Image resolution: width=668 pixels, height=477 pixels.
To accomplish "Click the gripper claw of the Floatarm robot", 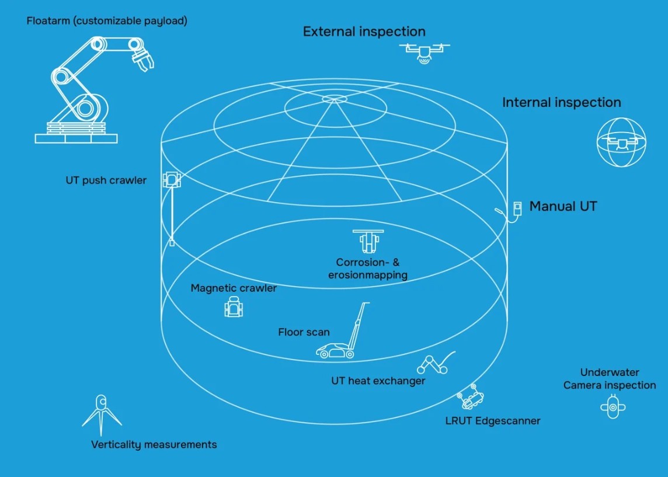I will tap(143, 60).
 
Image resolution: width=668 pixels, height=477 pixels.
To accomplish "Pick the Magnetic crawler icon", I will tap(234, 307).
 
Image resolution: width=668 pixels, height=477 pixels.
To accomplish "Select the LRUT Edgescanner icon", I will tap(471, 398).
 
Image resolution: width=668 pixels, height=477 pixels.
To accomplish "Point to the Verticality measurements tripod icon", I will tap(102, 411).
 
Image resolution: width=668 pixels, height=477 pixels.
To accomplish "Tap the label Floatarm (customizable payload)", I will tap(107, 21).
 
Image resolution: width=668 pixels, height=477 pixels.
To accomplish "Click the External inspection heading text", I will tap(364, 32).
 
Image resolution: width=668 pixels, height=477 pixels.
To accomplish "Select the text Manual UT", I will tap(563, 206).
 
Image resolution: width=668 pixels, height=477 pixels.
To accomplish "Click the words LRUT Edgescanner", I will tap(493, 420).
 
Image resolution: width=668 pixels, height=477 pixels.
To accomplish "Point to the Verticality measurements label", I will tap(154, 445).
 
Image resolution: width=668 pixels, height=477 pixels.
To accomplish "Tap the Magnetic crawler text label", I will tap(234, 288).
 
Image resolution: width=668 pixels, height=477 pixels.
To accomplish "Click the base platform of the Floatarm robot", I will tap(76, 138).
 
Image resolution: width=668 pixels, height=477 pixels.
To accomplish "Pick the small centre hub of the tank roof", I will tap(334, 99).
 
